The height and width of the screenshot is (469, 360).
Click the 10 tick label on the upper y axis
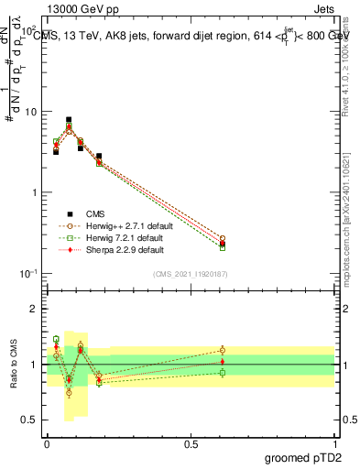point(29,112)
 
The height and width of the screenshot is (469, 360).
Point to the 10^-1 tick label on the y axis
point(27,274)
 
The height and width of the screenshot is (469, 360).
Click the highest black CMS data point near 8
point(69,120)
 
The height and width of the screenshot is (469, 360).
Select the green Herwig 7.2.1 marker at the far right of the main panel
point(223,247)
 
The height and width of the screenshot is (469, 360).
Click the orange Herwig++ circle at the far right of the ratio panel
point(223,349)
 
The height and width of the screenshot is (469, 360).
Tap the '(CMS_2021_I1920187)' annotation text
point(189,275)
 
